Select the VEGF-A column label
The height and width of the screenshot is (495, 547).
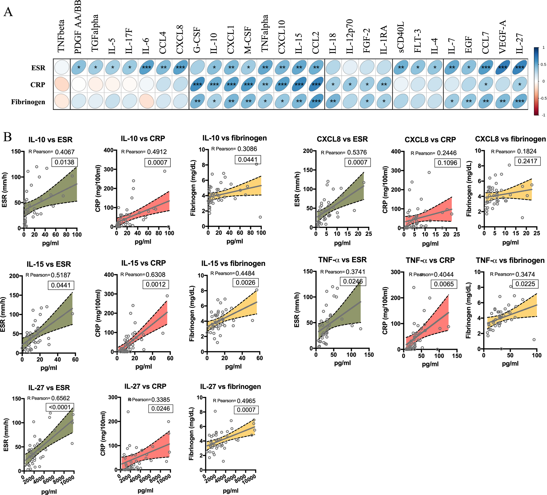click(502, 37)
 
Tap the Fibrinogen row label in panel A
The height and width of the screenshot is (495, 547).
click(28, 102)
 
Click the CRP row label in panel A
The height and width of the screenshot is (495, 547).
click(38, 85)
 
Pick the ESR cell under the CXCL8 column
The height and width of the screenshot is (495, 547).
click(180, 67)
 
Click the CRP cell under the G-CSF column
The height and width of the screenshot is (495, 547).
click(197, 85)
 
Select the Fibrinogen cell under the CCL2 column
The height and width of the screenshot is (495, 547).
click(316, 101)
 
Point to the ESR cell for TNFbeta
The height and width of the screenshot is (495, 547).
click(62, 67)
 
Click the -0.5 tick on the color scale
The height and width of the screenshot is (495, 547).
click(543, 98)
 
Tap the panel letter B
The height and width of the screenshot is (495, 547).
click(8, 137)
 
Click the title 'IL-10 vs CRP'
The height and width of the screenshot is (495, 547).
click(143, 138)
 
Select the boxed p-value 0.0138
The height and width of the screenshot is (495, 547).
click(64, 162)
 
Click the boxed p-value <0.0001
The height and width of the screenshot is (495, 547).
click(60, 407)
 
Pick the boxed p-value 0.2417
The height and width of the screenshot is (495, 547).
click(527, 161)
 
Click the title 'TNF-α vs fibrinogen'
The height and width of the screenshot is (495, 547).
click(510, 260)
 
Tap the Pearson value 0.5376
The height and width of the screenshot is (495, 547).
click(357, 152)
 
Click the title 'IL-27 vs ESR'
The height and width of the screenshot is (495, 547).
click(49, 387)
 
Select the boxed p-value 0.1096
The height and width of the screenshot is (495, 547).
click(447, 163)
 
